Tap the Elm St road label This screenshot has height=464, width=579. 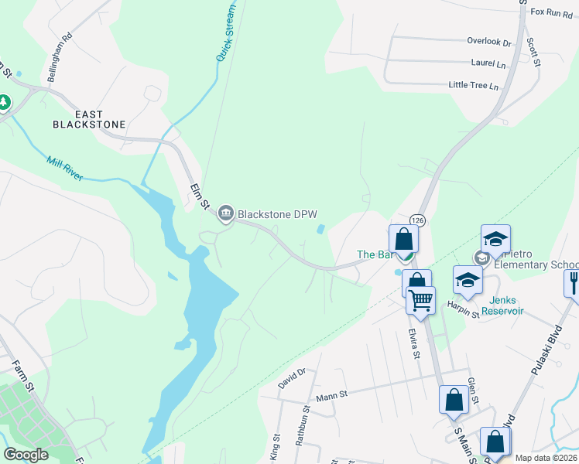coord(200,195)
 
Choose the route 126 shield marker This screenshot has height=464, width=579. coord(418,220)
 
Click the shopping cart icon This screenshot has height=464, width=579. coord(420,300)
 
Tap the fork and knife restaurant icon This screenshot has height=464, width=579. coord(574,282)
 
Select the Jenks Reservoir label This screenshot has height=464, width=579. coord(502,305)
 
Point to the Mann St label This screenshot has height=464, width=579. coord(331,394)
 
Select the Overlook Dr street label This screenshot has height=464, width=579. coord(489,41)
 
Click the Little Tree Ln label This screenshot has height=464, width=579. coord(474,85)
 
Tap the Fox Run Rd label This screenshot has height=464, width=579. coord(551,12)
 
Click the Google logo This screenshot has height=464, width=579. coord(26,455)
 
